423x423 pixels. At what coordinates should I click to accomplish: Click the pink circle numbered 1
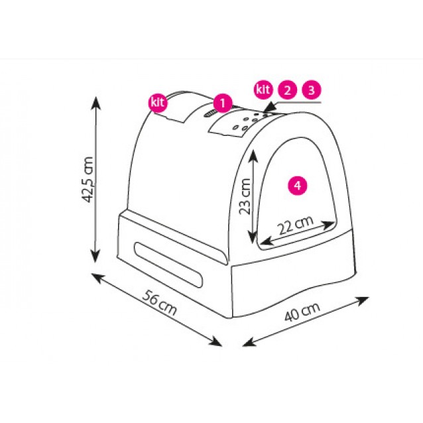pyautogui.click(x=223, y=103)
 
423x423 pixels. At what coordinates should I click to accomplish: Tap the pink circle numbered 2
pyautogui.click(x=287, y=90)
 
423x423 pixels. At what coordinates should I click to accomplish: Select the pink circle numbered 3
pyautogui.click(x=312, y=90)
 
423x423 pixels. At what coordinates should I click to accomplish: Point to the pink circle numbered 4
pyautogui.click(x=298, y=186)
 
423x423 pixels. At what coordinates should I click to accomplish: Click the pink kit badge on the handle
pyautogui.click(x=158, y=103)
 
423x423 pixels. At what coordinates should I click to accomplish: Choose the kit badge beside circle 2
pyautogui.click(x=263, y=90)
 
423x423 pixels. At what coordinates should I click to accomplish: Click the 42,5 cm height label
pyautogui.click(x=88, y=180)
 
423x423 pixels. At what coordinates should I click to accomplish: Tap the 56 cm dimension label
pyautogui.click(x=160, y=303)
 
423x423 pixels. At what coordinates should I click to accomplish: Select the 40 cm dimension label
pyautogui.click(x=302, y=312)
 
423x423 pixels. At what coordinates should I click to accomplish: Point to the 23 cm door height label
pyautogui.click(x=245, y=196)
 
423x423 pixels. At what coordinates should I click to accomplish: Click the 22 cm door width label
pyautogui.click(x=296, y=225)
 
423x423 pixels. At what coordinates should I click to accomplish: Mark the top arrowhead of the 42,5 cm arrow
pyautogui.click(x=95, y=103)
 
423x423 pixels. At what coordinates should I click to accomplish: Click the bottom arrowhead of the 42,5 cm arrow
pyautogui.click(x=95, y=255)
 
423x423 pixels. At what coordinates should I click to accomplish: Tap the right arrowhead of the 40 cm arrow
pyautogui.click(x=362, y=300)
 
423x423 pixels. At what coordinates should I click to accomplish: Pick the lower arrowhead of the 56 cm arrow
pyautogui.click(x=215, y=341)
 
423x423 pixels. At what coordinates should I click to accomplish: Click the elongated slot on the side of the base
pyautogui.click(x=168, y=265)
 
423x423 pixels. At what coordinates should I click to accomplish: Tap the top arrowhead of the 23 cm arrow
pyautogui.click(x=253, y=156)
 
